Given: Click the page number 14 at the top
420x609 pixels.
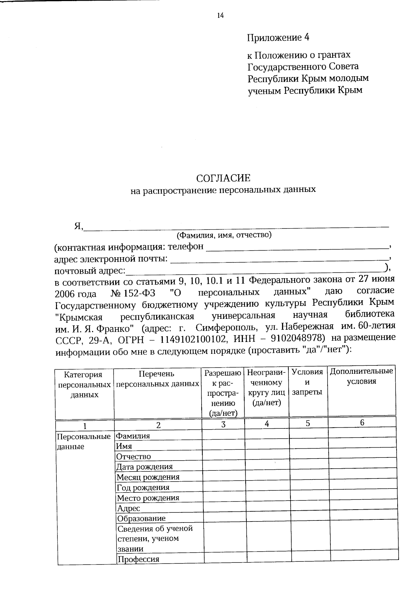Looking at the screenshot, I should [x=220, y=15].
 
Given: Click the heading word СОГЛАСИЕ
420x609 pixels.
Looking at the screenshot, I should [x=223, y=178].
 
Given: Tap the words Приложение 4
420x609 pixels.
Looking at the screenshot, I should [x=278, y=37].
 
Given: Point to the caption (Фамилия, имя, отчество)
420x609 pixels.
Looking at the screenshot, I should [x=224, y=235].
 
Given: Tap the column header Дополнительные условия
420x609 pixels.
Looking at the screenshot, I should [x=362, y=376].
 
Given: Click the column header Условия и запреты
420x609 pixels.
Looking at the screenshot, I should [x=307, y=381].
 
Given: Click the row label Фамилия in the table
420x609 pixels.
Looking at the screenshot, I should [x=133, y=436].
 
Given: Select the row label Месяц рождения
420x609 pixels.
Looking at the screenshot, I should [x=148, y=477].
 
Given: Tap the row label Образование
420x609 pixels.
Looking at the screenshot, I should [x=141, y=518].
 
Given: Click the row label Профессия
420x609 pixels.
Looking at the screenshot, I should [x=138, y=559].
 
